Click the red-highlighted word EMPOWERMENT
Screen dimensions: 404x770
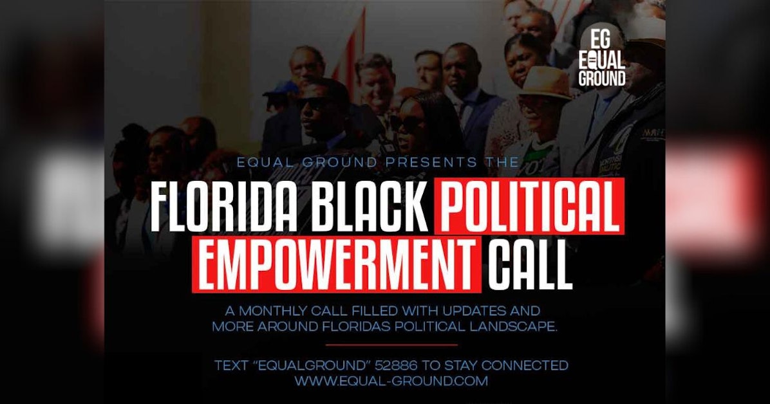(339, 264)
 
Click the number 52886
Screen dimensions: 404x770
(406, 366)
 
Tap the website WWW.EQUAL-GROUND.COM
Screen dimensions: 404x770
(391, 380)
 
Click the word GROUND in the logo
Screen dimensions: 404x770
(601, 79)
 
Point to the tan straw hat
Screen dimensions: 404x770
(545, 84)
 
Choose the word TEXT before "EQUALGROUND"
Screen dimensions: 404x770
(230, 366)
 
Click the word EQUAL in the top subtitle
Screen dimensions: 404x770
(261, 163)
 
